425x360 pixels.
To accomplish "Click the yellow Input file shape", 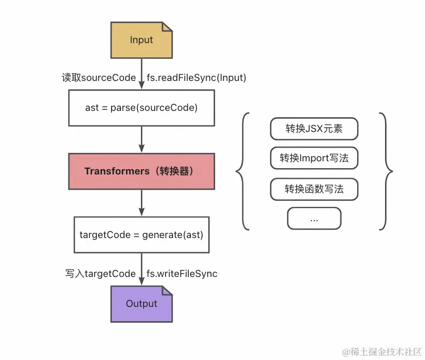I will coord(141,40).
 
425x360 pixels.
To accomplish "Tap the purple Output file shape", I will coord(141,304).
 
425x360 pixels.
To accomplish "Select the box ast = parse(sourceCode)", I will coord(141,108).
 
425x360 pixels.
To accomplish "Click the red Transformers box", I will coord(141,171).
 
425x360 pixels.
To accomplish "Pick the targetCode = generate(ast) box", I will coord(141,234).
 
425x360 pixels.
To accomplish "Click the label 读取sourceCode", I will coord(98,78).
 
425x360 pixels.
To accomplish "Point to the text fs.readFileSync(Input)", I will coord(196,78).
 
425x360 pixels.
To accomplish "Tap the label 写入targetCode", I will coord(100,274).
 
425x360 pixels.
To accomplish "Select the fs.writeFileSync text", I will coord(181,274).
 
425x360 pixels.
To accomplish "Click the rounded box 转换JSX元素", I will coord(314,129).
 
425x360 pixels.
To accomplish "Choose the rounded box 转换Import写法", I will coord(314,158).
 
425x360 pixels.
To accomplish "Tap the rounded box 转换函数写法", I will coord(314,189).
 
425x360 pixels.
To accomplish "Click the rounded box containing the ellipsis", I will coord(314,219).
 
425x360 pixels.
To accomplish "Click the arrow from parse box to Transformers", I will coord(141,139).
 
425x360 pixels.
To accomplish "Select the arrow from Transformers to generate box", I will coord(141,203).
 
